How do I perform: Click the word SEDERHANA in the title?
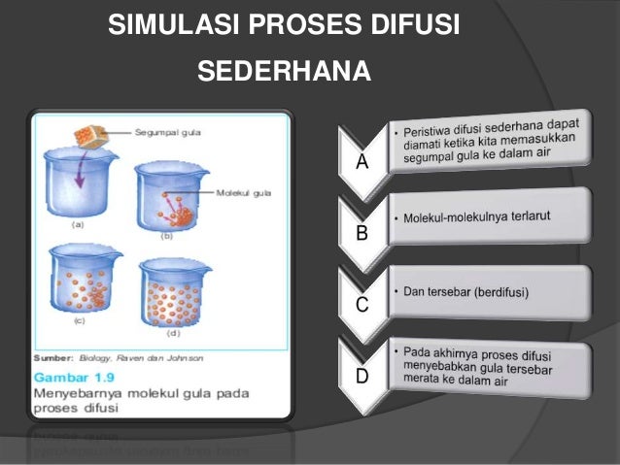point(284,72)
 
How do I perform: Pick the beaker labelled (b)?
point(169,199)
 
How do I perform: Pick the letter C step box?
point(362,305)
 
